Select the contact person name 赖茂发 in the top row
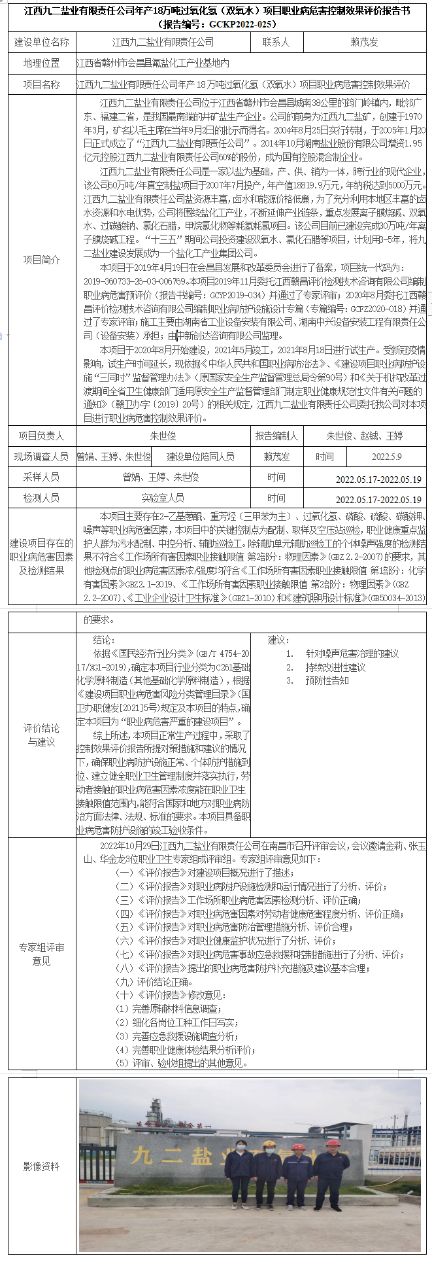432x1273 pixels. pos(364,42)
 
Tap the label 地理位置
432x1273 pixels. pos(41,63)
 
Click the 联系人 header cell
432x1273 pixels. pos(276,42)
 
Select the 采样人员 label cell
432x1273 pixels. pos(41,478)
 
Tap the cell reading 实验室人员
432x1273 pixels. pos(163,498)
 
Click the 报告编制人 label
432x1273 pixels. pos(276,436)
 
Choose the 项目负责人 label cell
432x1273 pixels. pos(41,436)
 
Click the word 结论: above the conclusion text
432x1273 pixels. pos(104,640)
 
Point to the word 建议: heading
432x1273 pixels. pos(278,640)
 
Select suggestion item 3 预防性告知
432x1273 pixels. pos(326,680)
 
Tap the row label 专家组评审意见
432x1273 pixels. pos(41,954)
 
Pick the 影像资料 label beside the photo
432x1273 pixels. pos(41,1166)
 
